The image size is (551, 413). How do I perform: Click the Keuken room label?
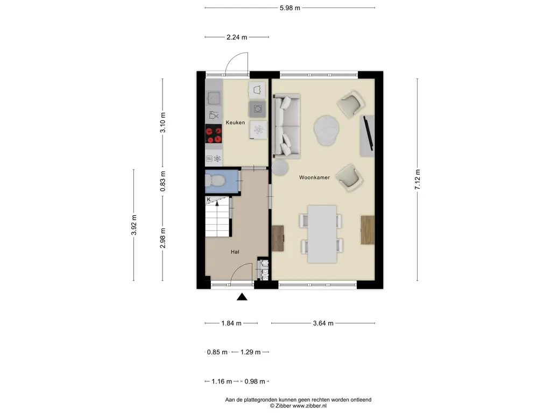coord(235,123)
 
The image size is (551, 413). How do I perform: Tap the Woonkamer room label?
coord(314,177)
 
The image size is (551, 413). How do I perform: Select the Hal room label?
coord(235,252)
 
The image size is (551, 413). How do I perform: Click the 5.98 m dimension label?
coord(290,8)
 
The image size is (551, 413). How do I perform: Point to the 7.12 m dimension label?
coord(418,180)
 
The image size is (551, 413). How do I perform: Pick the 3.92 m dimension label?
coord(133,225)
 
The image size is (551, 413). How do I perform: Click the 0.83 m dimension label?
coord(163,181)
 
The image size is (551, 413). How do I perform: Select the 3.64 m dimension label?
coord(323,323)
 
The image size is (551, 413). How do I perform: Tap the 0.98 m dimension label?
coord(255,381)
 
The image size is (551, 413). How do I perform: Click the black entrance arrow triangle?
coord(242,297)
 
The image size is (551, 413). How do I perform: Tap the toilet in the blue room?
coord(215,181)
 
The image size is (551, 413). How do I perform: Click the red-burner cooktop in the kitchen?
coord(213,134)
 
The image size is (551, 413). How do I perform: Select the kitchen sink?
coord(213,98)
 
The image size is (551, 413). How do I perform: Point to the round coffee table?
coord(327,130)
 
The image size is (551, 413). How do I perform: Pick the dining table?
coord(322,234)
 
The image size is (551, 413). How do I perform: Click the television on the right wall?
coord(368,133)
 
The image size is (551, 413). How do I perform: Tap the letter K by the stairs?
coord(208,200)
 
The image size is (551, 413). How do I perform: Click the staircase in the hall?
coord(217,217)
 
